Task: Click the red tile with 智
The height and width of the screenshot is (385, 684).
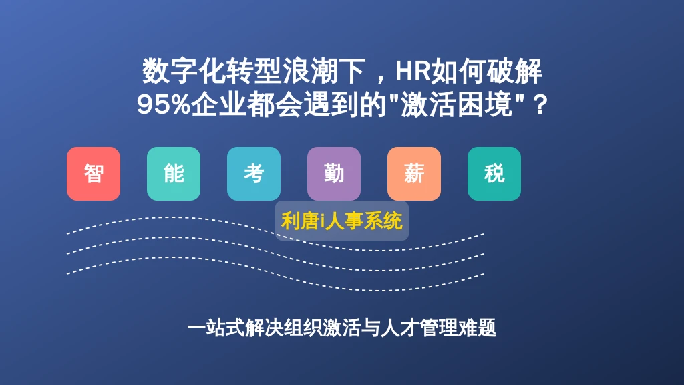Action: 94,174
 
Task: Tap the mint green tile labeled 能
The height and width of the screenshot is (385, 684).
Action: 174,174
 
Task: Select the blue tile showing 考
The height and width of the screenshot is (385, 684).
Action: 254,174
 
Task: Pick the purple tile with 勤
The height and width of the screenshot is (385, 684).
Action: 334,174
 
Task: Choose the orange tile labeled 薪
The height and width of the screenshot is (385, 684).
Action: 414,174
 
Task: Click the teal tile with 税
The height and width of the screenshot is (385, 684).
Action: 494,174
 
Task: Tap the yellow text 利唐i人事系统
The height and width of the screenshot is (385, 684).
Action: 341,221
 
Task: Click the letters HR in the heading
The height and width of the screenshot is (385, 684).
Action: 413,71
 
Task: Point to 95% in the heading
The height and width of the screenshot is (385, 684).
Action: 164,105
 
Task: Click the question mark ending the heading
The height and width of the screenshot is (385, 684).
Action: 540,105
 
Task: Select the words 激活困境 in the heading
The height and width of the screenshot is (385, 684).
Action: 456,105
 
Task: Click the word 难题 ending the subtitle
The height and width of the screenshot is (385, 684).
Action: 477,328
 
